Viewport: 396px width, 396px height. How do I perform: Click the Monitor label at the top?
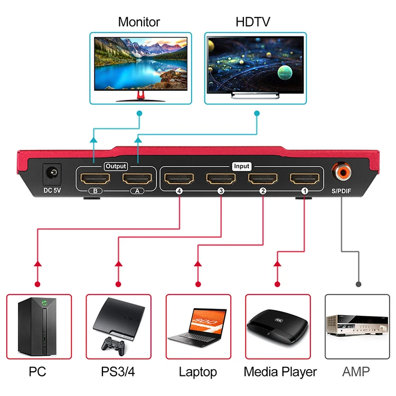point(139,22)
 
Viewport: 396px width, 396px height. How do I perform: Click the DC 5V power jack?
point(52,173)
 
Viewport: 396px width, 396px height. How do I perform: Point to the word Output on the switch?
point(116,166)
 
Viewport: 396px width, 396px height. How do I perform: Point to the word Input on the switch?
point(241,166)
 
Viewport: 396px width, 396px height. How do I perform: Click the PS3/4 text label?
point(118,372)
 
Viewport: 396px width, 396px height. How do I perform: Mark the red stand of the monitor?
point(140,95)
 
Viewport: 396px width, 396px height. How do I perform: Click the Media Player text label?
point(280,372)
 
